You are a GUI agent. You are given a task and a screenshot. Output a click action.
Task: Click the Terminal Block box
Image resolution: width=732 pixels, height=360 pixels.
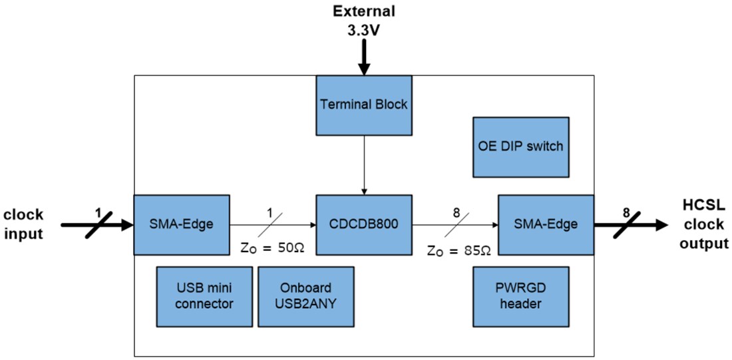[363, 104]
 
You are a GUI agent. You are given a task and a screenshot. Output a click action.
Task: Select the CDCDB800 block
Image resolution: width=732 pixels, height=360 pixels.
[363, 224]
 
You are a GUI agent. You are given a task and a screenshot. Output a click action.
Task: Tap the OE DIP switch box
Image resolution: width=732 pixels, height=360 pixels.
[520, 147]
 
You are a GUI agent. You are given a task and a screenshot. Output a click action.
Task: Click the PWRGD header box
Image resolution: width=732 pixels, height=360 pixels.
[520, 296]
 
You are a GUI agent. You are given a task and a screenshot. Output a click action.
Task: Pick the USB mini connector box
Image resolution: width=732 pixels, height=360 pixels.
[205, 296]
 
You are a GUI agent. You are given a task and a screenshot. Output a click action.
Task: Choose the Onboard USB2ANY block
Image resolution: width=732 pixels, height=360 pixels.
[305, 296]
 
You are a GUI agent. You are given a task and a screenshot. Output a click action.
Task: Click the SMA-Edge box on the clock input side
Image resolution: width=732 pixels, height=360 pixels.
[182, 224]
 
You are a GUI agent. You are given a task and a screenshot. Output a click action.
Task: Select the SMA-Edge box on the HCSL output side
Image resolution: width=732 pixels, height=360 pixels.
[546, 224]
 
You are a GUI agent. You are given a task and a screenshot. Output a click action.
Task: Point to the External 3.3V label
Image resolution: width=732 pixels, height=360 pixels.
[363, 20]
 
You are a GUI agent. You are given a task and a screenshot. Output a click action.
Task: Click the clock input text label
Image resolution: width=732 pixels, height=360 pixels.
[23, 224]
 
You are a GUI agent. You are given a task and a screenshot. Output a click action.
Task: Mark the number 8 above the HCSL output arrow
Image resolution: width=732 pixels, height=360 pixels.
[625, 213]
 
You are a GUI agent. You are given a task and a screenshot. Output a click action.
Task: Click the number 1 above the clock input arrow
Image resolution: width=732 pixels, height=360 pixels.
[98, 213]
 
